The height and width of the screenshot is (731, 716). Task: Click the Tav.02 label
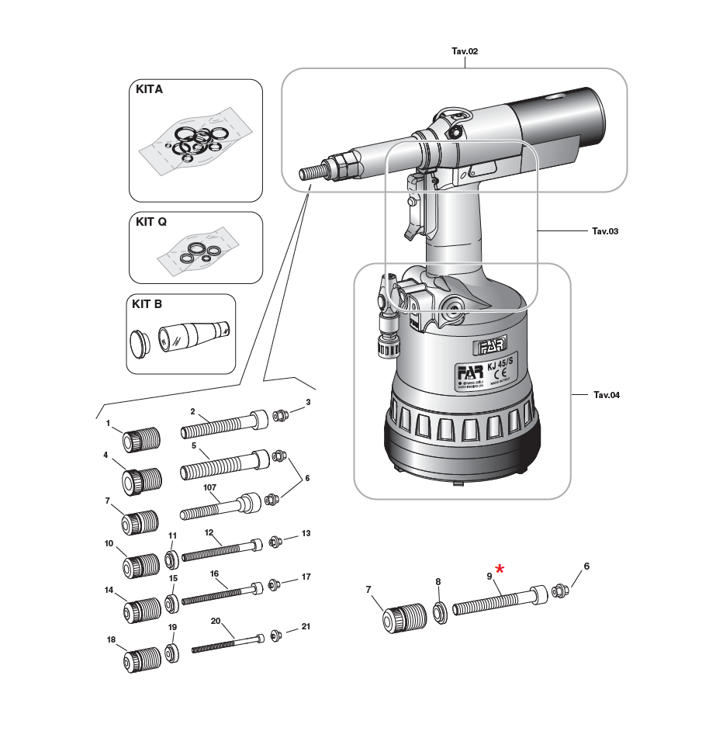click(465, 51)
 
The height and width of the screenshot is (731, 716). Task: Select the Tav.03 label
click(604, 231)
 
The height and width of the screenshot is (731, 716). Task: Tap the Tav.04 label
click(606, 395)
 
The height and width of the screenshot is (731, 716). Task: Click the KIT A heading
click(149, 89)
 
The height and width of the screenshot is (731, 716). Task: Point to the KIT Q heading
click(151, 221)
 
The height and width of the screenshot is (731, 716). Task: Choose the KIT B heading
click(147, 304)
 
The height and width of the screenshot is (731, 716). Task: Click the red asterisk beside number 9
click(500, 570)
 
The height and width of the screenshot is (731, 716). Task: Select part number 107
click(209, 488)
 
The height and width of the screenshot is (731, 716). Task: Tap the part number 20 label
click(216, 621)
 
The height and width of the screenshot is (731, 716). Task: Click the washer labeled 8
click(438, 612)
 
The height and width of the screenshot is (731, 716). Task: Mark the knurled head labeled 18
click(141, 660)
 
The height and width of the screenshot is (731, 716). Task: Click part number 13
click(306, 534)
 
